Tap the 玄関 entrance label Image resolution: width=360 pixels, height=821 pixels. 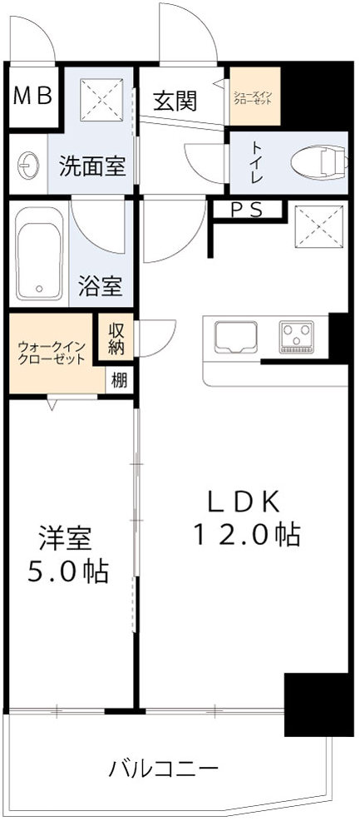coord(175,101)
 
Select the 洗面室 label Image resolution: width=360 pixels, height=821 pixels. coord(92,166)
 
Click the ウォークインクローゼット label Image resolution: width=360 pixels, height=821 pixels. coord(51,353)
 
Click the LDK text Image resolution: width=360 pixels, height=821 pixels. coord(246,502)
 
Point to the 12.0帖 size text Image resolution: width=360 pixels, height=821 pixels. coord(246,533)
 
